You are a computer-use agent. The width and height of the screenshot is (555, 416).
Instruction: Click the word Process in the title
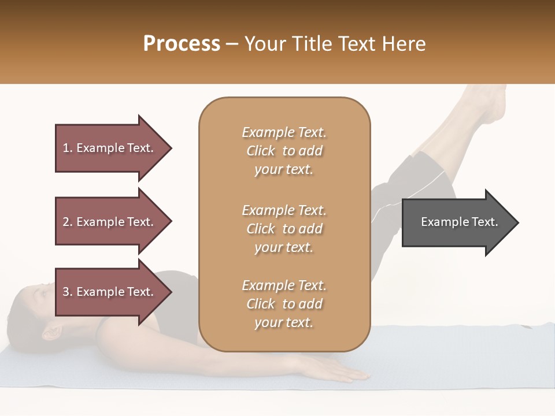point(182,44)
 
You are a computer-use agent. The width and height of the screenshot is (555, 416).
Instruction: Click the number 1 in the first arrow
point(66,148)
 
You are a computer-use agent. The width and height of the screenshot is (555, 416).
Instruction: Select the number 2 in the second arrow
point(66,222)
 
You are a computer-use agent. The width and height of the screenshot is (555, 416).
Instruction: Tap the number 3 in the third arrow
point(66,292)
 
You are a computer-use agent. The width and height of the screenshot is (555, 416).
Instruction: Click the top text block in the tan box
point(284,151)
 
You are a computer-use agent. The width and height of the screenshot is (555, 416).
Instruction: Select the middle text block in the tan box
point(284,229)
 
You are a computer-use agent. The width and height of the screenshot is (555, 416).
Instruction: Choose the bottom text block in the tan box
point(284,304)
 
